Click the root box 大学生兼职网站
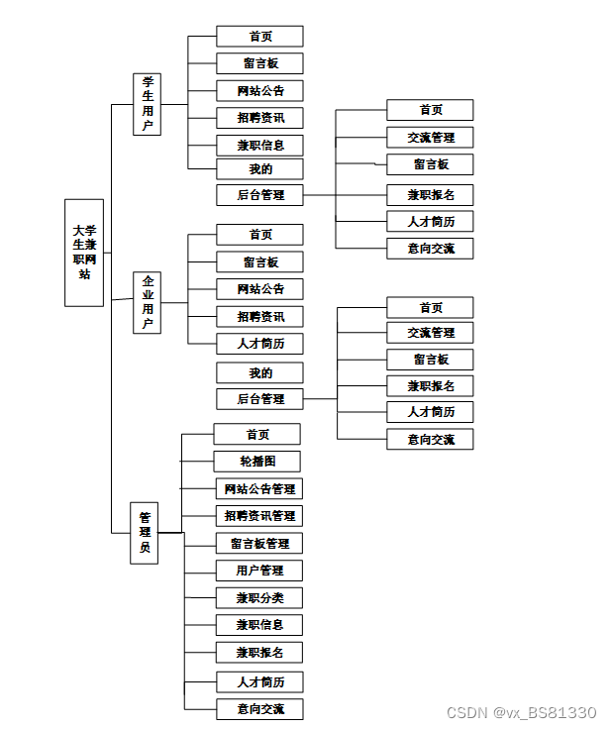click(84, 252)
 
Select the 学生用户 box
click(147, 104)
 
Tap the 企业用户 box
click(147, 302)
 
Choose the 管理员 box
click(145, 533)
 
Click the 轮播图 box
click(256, 462)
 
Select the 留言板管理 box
click(259, 544)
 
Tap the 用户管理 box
click(259, 571)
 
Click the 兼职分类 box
click(259, 598)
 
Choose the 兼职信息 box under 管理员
click(259, 625)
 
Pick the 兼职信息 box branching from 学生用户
click(260, 145)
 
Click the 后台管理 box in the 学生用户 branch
click(260, 195)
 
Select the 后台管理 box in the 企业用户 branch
click(260, 399)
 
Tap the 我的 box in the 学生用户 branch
click(260, 169)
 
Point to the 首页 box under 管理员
click(256, 435)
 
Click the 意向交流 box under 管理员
click(259, 709)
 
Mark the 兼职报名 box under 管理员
click(259, 653)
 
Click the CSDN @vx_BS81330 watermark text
click(521, 713)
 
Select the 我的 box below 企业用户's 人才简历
click(260, 373)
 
